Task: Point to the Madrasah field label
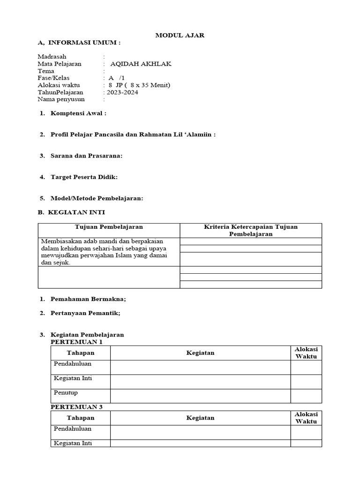click(51, 57)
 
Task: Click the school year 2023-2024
click(122, 92)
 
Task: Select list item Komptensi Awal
click(78, 113)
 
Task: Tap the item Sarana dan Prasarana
click(86, 156)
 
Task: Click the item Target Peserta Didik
click(84, 177)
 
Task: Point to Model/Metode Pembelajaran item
click(97, 198)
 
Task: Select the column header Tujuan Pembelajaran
click(109, 227)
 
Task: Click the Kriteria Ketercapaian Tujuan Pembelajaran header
click(251, 230)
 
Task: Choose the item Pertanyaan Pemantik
click(85, 313)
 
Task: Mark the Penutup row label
click(66, 392)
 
